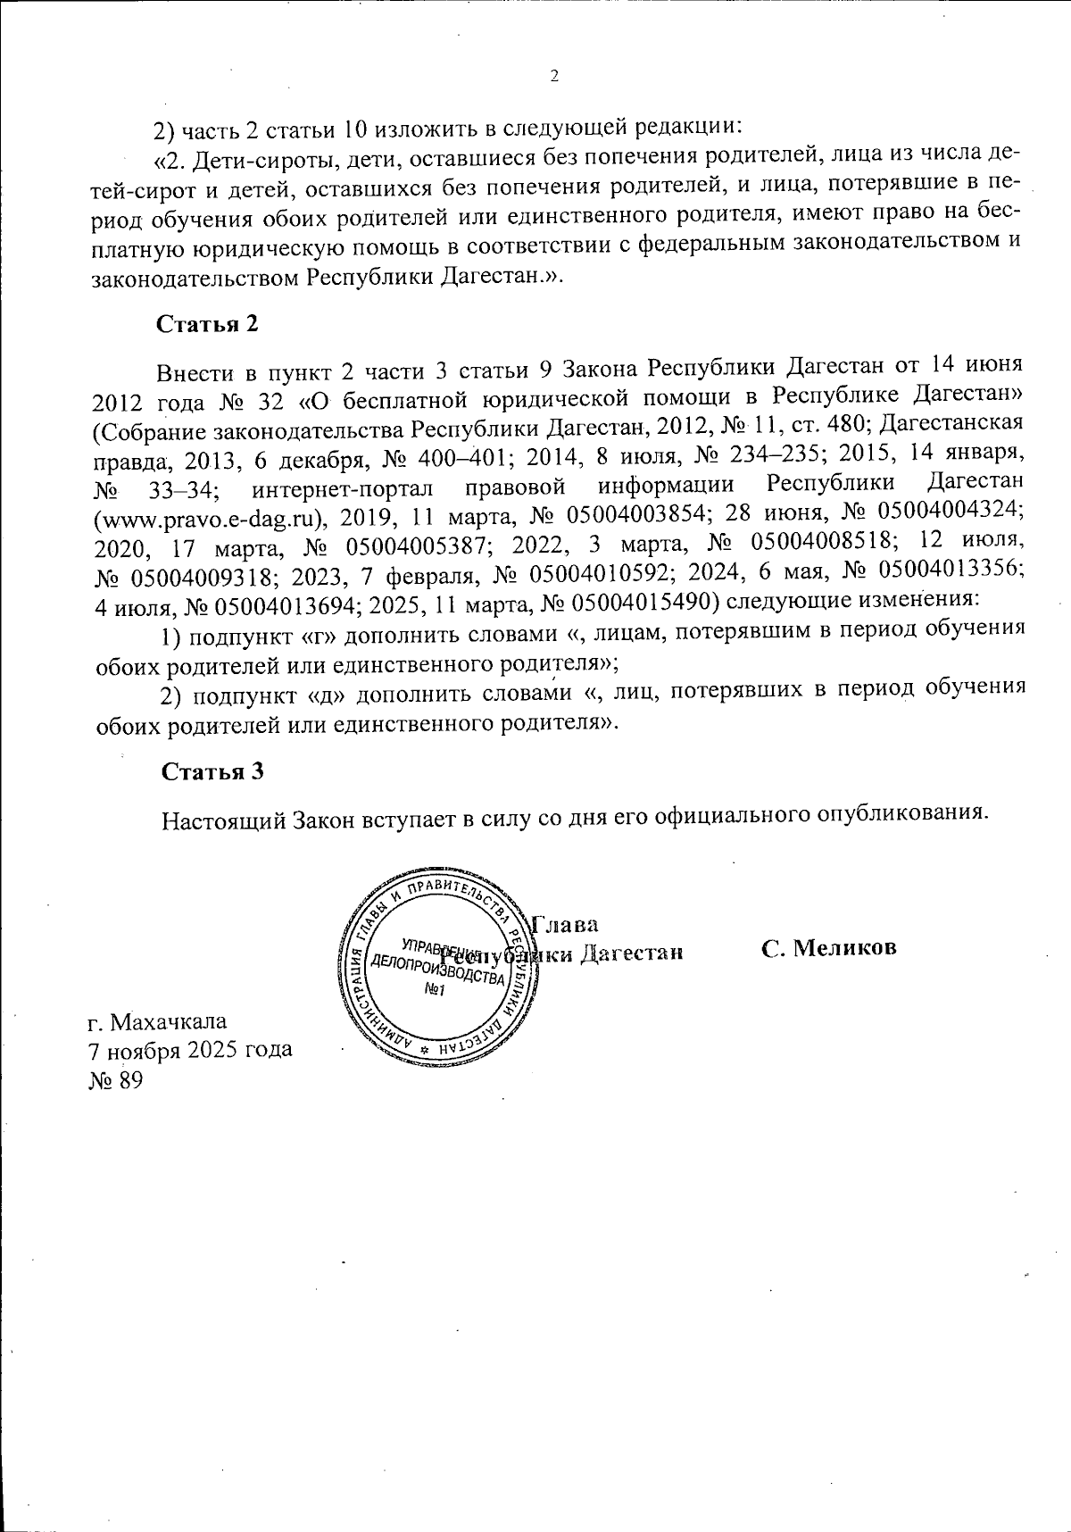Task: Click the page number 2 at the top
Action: (x=553, y=77)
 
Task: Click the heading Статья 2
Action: (x=208, y=324)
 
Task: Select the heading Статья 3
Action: (x=212, y=772)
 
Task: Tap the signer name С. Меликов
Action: (x=828, y=948)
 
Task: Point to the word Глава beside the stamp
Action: (x=565, y=923)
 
